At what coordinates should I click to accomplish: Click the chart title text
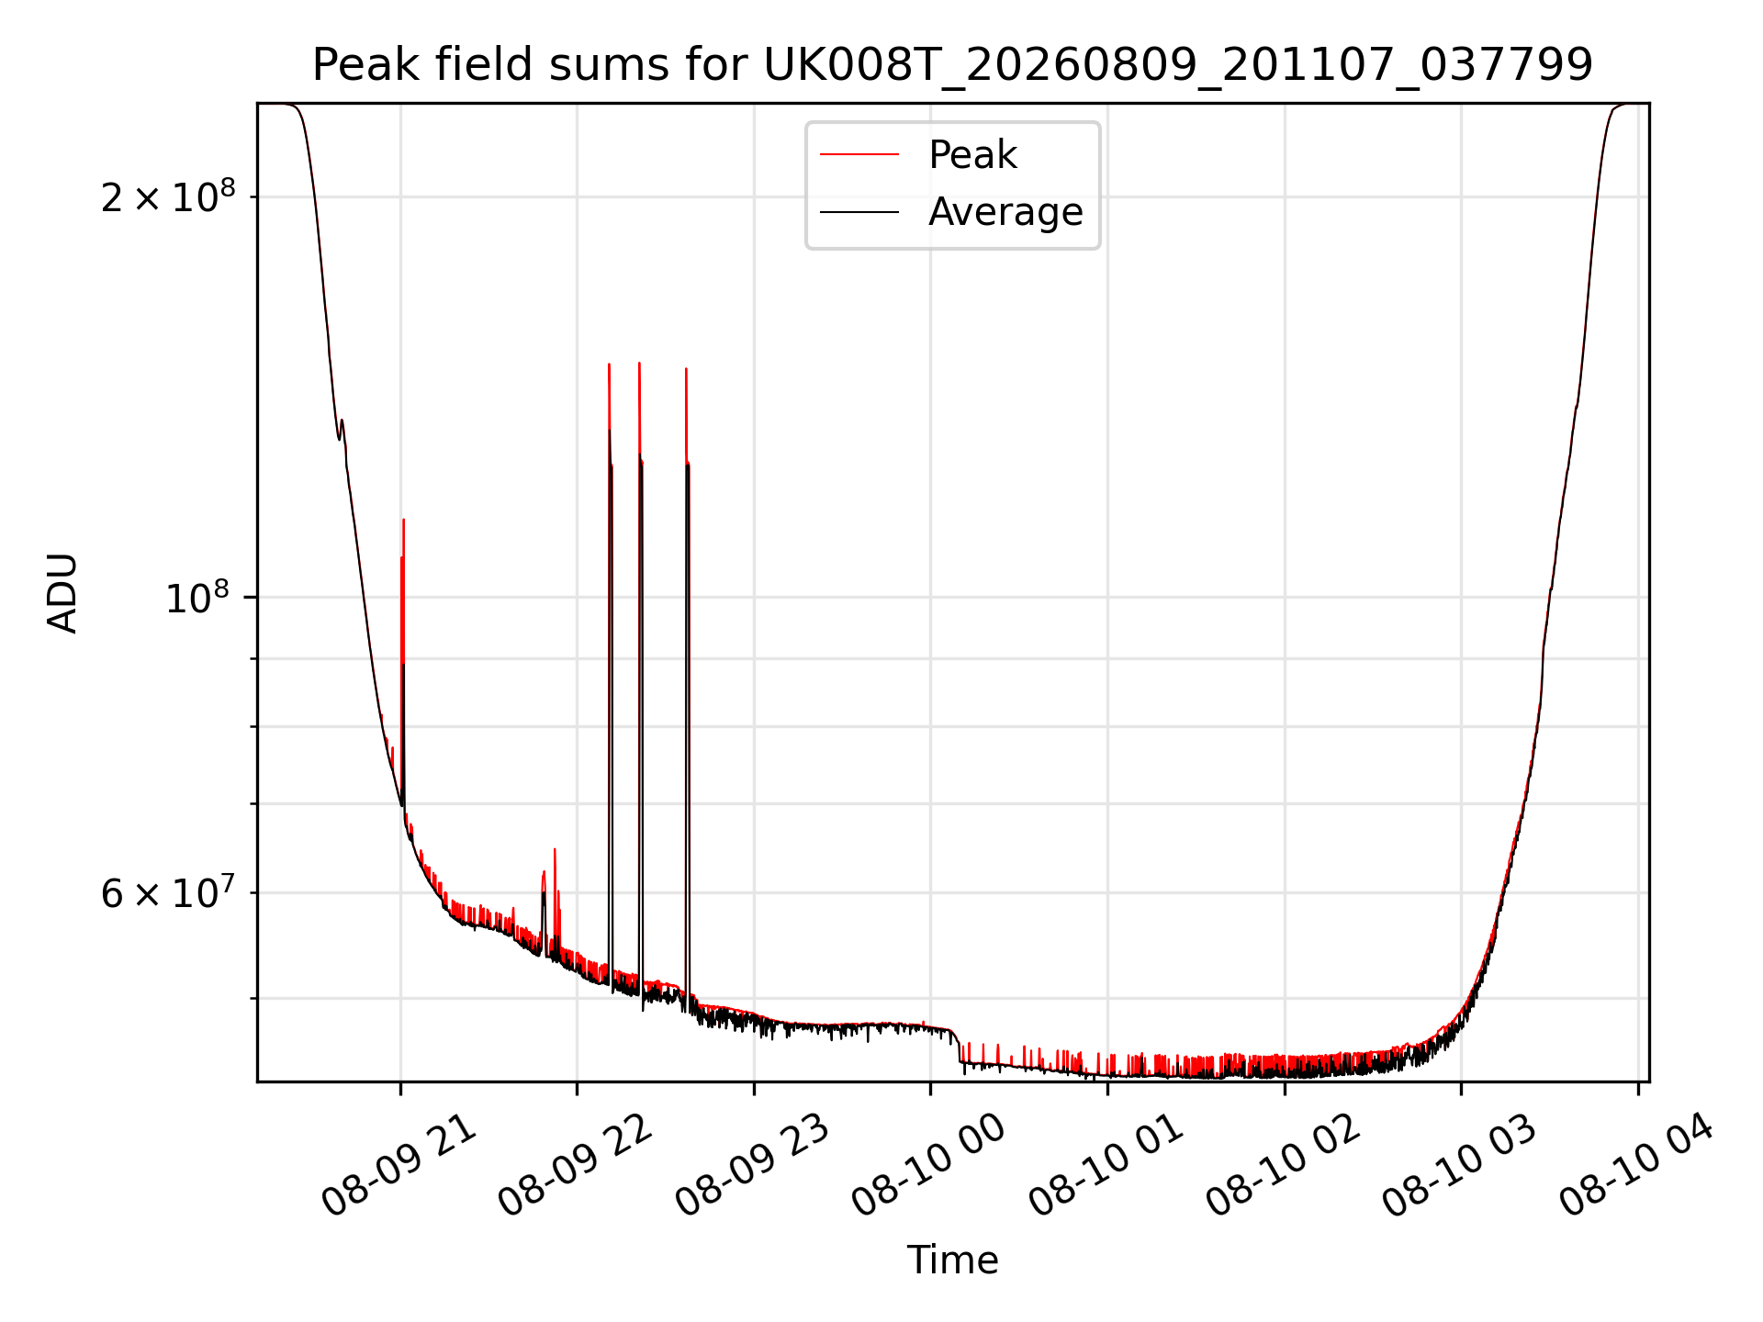tap(952, 65)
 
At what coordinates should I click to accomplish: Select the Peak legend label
tap(972, 155)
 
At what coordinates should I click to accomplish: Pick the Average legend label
tap(1005, 212)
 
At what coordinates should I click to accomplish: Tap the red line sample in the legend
tap(859, 155)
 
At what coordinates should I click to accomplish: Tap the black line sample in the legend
tap(859, 212)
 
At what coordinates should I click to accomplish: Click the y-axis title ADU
tap(62, 593)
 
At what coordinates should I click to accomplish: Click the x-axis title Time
tap(952, 1260)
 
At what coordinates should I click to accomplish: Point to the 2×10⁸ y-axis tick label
tap(168, 196)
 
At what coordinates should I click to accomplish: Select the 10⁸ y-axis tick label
tap(197, 598)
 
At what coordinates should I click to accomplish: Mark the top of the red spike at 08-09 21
tap(403, 520)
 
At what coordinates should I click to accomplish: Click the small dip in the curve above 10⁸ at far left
tap(339, 437)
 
